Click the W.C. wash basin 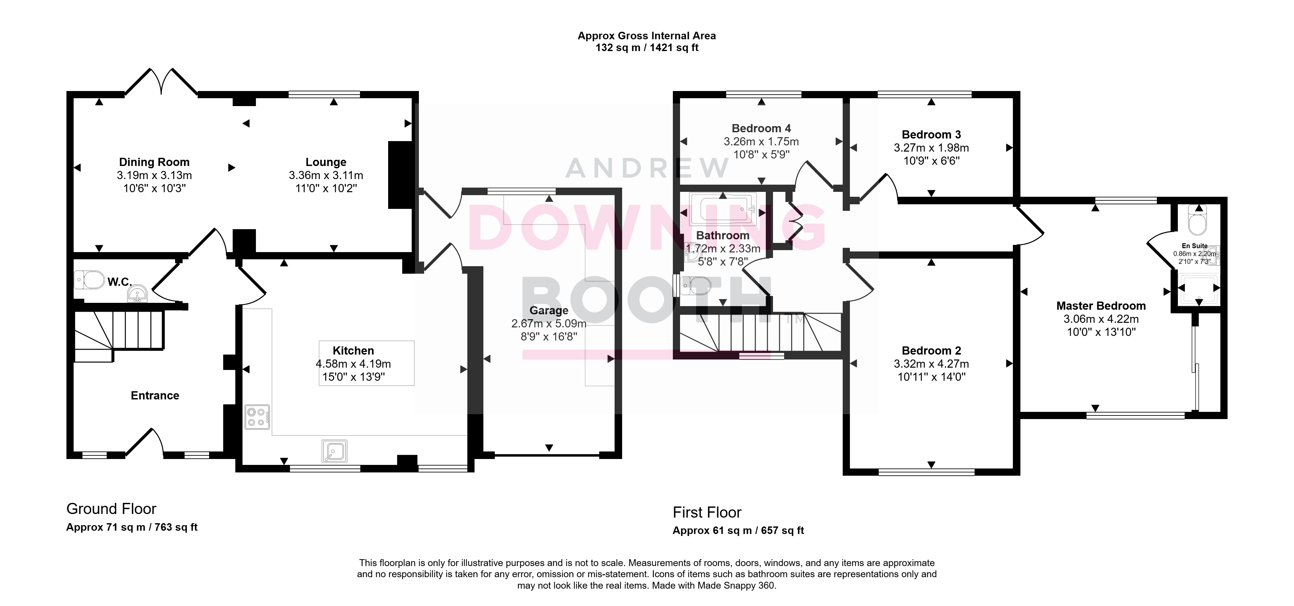tap(137, 293)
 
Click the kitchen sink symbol tap(334, 451)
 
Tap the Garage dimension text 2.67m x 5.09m tap(548, 323)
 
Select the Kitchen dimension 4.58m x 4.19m tap(353, 364)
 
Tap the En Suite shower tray tap(1198, 288)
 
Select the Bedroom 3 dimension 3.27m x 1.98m tap(931, 148)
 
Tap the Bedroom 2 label tap(931, 350)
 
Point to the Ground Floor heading tap(112, 509)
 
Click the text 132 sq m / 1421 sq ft tap(647, 48)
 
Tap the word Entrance tap(155, 395)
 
